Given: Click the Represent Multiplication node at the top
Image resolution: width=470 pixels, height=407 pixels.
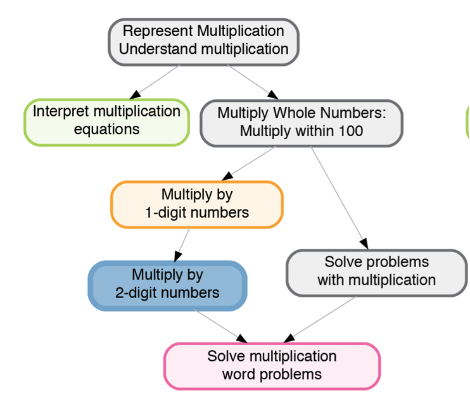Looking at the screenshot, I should tap(203, 41).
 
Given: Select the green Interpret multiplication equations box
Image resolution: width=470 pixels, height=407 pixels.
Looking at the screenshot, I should tap(106, 122).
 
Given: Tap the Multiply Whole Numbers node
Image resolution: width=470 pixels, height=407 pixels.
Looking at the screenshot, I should tap(302, 123).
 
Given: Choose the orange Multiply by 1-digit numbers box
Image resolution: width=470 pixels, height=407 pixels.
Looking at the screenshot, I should tap(197, 204).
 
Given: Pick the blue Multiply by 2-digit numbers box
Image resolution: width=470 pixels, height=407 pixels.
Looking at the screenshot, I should tap(167, 285).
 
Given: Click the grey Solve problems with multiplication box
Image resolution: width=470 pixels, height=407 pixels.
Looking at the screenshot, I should tap(376, 272).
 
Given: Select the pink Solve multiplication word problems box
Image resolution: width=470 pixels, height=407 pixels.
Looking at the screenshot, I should tap(272, 365).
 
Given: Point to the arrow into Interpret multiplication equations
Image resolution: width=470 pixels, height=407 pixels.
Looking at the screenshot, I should tap(135, 95).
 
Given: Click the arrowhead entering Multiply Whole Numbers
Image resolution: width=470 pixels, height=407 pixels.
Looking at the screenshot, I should tap(272, 95).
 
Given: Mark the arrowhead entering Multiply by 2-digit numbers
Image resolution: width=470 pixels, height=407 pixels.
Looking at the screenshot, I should tap(178, 256).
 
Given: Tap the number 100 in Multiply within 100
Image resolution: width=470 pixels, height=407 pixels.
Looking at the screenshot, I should tap(351, 131).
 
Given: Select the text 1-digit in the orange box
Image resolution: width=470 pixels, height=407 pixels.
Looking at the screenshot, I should tap(167, 212).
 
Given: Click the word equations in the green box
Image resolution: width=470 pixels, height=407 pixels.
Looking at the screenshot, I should tap(106, 129).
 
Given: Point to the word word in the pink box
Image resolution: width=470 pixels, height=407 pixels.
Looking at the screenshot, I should tap(238, 373).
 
